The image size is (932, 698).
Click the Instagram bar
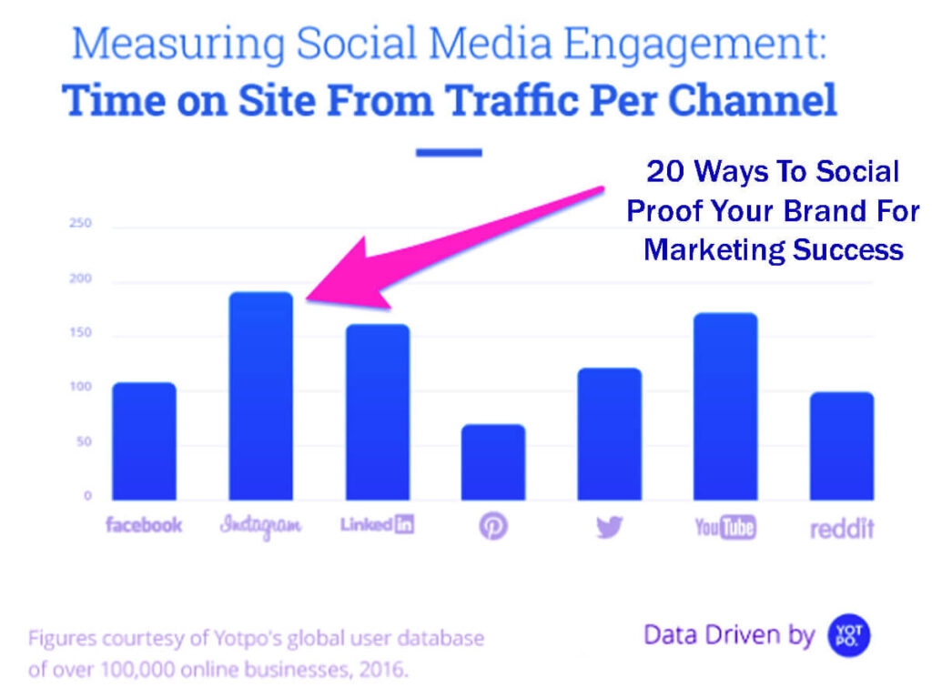(x=259, y=396)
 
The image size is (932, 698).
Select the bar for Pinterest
(x=492, y=462)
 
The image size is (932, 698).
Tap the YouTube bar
(x=724, y=407)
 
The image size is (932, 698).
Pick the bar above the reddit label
(x=841, y=446)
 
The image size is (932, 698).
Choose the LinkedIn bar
(x=377, y=412)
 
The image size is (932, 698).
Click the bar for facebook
(x=144, y=441)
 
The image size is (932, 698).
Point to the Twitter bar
(x=609, y=434)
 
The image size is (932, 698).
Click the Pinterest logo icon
(x=492, y=526)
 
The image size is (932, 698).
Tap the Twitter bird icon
(x=609, y=526)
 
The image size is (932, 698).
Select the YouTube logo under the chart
(x=724, y=526)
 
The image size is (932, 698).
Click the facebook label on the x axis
(x=144, y=525)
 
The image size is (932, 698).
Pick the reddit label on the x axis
(x=841, y=526)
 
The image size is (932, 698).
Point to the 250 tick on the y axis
(x=80, y=224)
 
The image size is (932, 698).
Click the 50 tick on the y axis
(x=83, y=442)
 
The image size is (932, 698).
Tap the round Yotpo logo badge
(x=848, y=636)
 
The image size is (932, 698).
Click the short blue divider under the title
(x=449, y=152)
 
